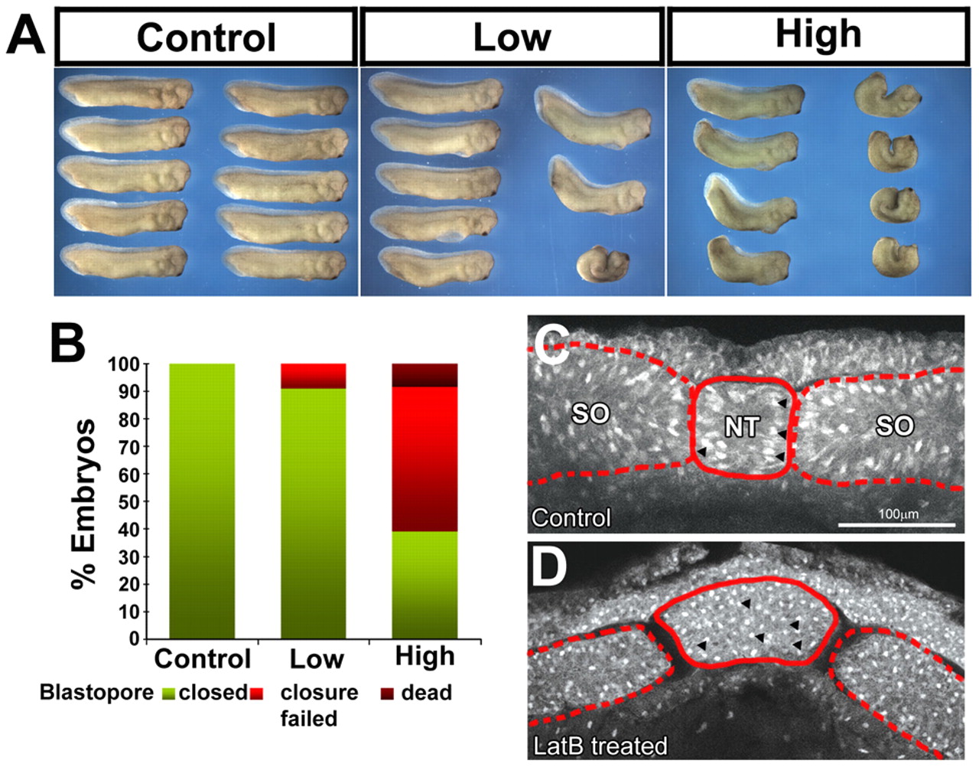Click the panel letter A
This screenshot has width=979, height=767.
point(26,37)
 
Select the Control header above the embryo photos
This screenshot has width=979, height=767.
point(206,38)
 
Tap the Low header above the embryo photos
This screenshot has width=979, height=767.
point(512,38)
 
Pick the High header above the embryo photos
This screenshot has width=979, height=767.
point(818,35)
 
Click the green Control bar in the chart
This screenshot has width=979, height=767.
point(202,501)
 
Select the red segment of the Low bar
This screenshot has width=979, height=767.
point(314,376)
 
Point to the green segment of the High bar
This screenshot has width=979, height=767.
point(424,585)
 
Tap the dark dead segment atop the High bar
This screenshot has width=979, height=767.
point(424,375)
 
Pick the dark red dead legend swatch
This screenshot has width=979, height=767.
point(388,694)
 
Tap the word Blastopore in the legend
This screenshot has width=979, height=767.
point(96,693)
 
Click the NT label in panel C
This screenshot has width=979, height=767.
point(741,426)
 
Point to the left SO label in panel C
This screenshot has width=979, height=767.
point(590,414)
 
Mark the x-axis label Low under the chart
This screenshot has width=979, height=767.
point(316,659)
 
